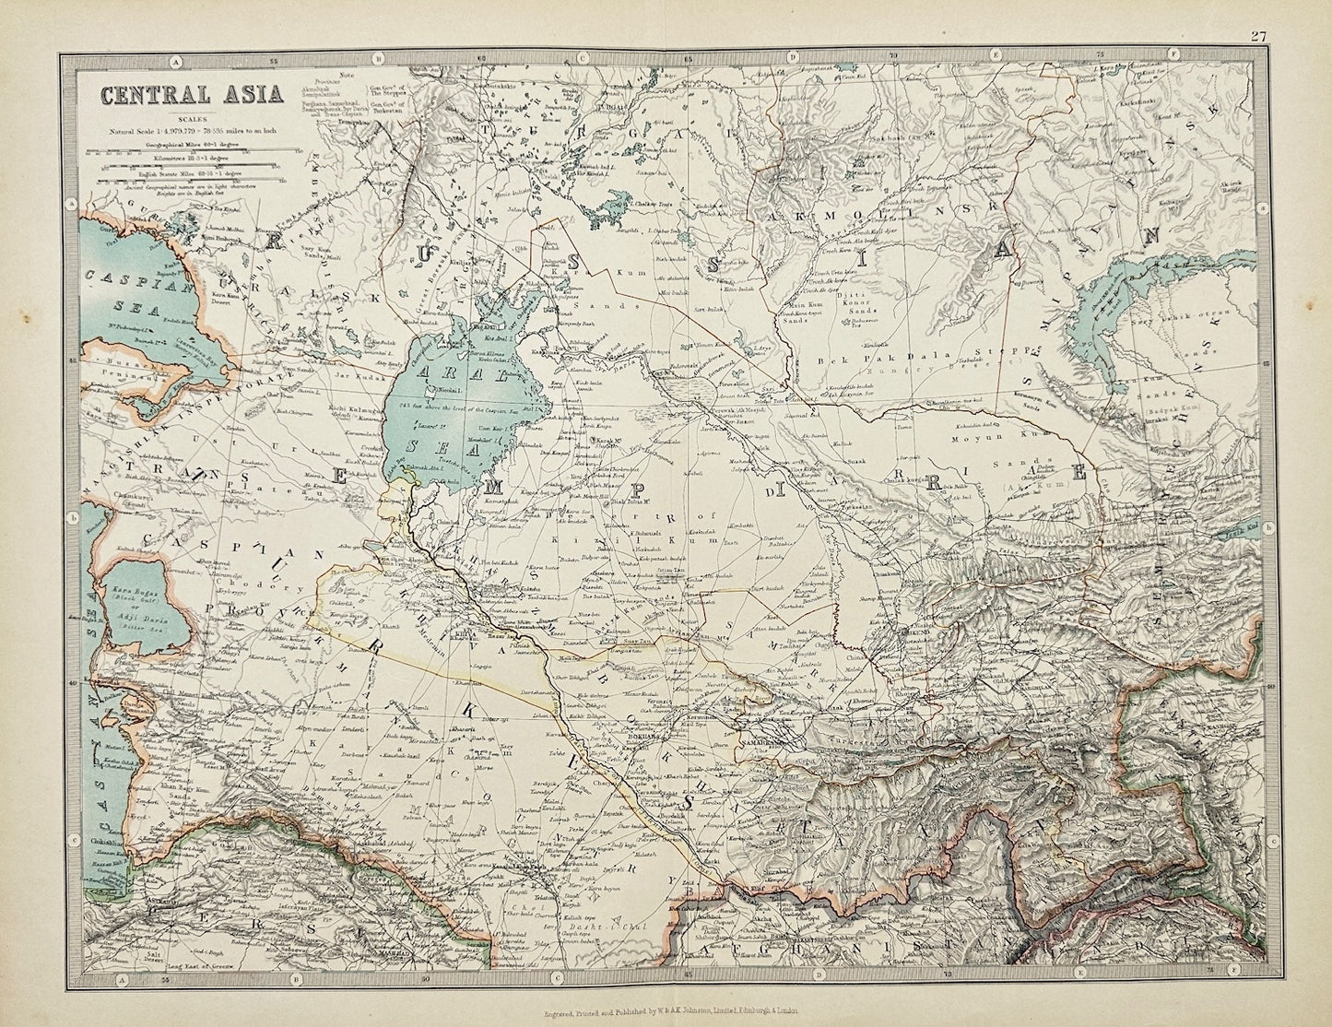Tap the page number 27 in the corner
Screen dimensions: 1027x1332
click(1257, 11)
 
